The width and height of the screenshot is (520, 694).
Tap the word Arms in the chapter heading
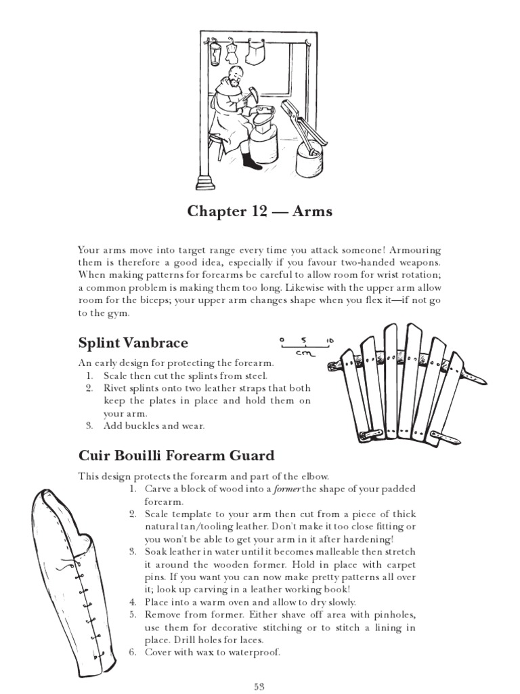tap(312, 212)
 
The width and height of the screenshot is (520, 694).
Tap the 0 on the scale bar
tap(281, 340)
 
